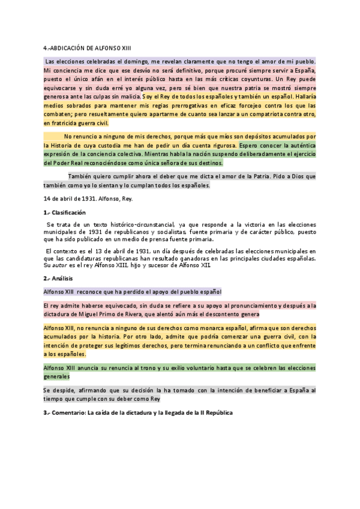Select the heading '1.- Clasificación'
click(65, 212)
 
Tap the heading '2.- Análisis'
click(59, 279)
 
